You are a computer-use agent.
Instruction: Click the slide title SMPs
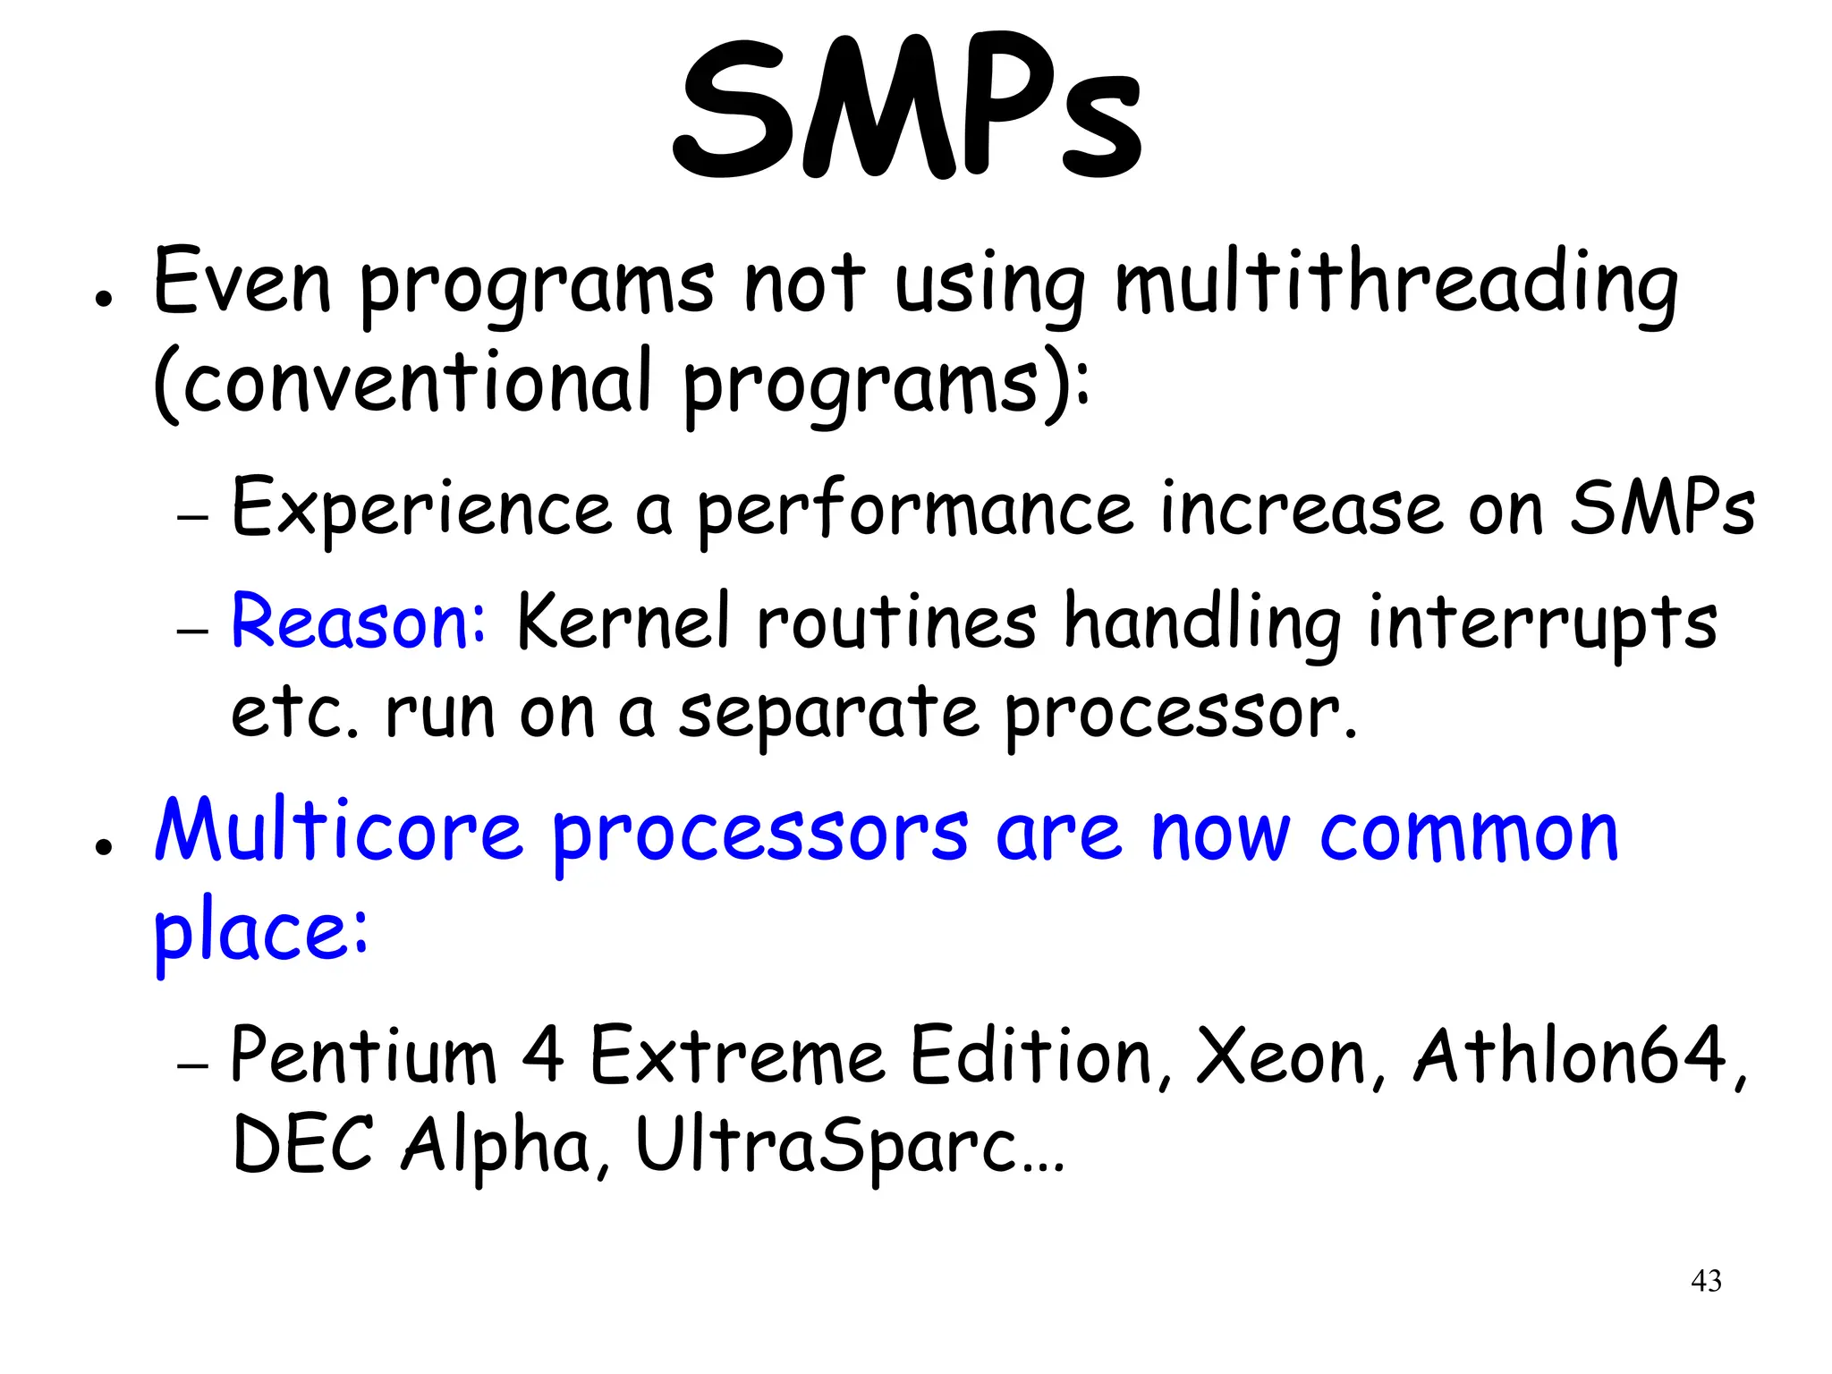point(907,112)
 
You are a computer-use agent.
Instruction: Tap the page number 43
point(1706,1281)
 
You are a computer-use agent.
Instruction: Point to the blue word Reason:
point(358,622)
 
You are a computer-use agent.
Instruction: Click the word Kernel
point(623,622)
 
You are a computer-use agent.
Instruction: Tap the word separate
point(828,713)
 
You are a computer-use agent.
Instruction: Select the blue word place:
point(260,930)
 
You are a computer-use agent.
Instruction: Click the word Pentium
point(362,1056)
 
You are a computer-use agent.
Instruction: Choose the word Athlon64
point(1570,1056)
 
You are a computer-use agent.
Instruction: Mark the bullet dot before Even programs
point(105,300)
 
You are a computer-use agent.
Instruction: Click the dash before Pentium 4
point(192,1065)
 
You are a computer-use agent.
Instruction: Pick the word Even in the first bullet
point(242,284)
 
